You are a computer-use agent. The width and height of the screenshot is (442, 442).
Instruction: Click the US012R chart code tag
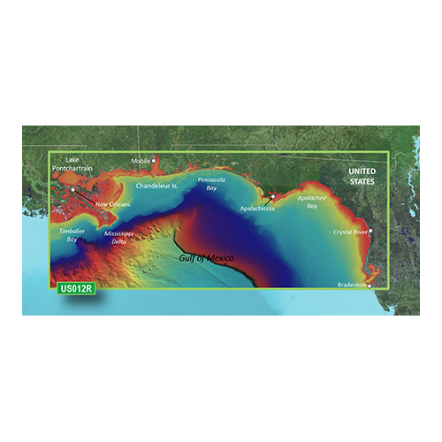coord(77,287)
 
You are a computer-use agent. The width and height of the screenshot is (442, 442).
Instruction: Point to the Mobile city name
coord(141,161)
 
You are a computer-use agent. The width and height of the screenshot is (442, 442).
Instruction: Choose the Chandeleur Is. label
coord(156,187)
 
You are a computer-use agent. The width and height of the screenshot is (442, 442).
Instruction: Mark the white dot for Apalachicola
coord(274,196)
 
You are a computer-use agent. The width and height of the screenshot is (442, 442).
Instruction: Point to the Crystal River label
coord(349,232)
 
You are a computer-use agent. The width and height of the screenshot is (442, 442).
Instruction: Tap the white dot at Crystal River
coord(370,232)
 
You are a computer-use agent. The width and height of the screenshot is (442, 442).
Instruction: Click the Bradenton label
coord(352,285)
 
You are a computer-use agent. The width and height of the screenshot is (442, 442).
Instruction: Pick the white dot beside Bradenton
coord(370,286)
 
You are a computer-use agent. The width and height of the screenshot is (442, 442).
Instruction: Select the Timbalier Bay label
coord(71,235)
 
